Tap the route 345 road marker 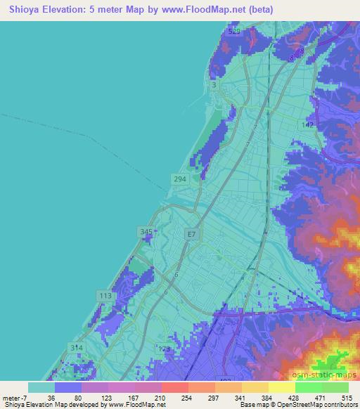click(x=146, y=231)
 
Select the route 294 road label click(x=179, y=179)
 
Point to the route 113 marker click(x=106, y=296)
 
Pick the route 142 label click(x=307, y=124)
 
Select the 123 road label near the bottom click(x=164, y=349)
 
